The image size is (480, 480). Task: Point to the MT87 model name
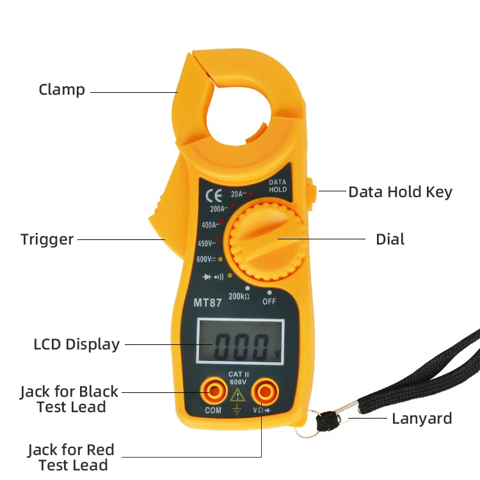[x=207, y=303]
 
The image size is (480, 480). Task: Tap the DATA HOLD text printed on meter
[x=278, y=186]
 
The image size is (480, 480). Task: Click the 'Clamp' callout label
[x=62, y=90]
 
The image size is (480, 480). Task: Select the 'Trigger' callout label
[x=47, y=239]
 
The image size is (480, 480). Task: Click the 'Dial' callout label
[x=390, y=239]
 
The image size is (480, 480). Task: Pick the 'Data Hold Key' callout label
[x=400, y=191]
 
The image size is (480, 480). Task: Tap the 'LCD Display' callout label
[x=77, y=344]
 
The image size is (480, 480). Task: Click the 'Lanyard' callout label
[x=422, y=419]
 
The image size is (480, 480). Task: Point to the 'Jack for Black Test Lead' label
[x=69, y=399]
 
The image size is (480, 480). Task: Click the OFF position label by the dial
[x=269, y=301]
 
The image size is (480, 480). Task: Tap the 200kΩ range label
[x=239, y=296]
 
